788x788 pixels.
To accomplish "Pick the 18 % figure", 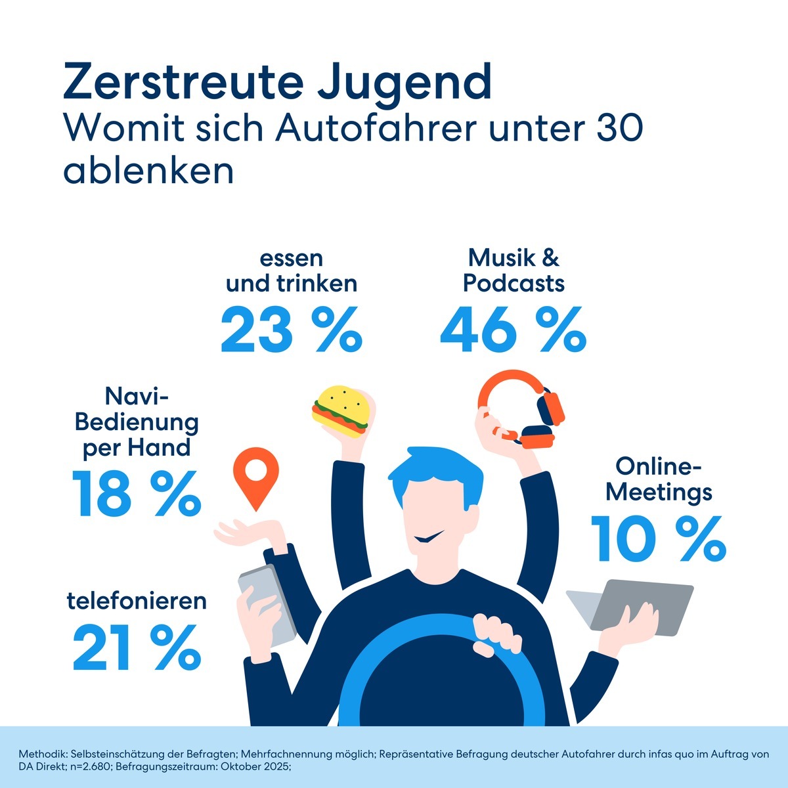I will [x=137, y=492].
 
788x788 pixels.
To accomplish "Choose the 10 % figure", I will [x=658, y=538].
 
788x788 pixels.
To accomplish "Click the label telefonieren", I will [x=137, y=601].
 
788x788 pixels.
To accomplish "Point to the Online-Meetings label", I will [x=659, y=479].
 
